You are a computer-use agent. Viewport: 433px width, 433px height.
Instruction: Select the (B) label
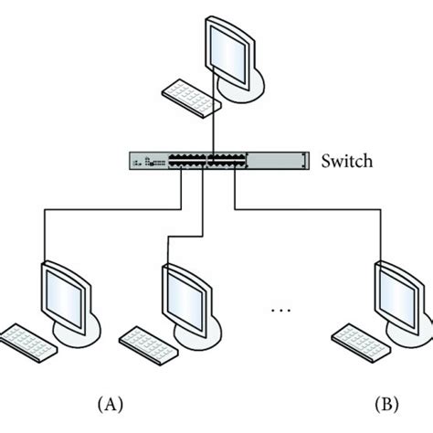point(389,402)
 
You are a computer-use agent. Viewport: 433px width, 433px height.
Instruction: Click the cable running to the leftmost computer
point(110,207)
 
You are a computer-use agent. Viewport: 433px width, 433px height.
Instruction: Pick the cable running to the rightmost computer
point(311,207)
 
